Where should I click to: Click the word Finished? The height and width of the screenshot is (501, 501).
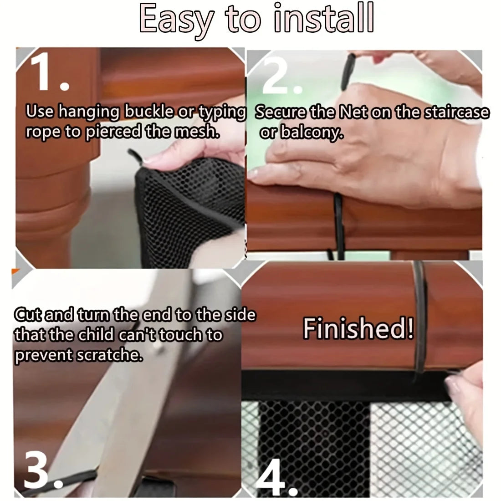point(359,328)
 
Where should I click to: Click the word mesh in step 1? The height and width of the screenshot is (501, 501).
point(197,132)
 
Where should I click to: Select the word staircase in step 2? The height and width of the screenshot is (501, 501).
point(456,112)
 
